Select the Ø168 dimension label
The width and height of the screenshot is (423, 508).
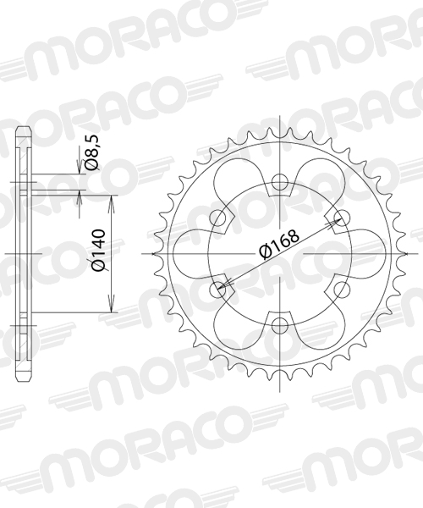[x=279, y=245]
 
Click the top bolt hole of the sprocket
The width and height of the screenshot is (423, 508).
[x=279, y=181]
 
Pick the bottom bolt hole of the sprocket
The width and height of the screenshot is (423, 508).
[x=279, y=325]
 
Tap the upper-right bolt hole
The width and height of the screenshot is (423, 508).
[x=342, y=218]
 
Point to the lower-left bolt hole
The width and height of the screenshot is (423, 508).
[x=217, y=290]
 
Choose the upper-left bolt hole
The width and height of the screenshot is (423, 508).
[x=217, y=218]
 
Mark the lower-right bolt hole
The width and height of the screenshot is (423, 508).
[x=342, y=290]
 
